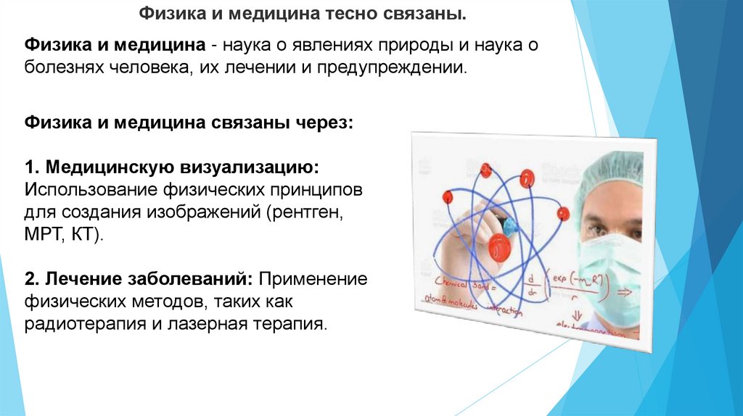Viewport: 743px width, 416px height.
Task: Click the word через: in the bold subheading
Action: [x=322, y=123]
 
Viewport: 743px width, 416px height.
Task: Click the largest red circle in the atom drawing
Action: [x=500, y=247]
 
